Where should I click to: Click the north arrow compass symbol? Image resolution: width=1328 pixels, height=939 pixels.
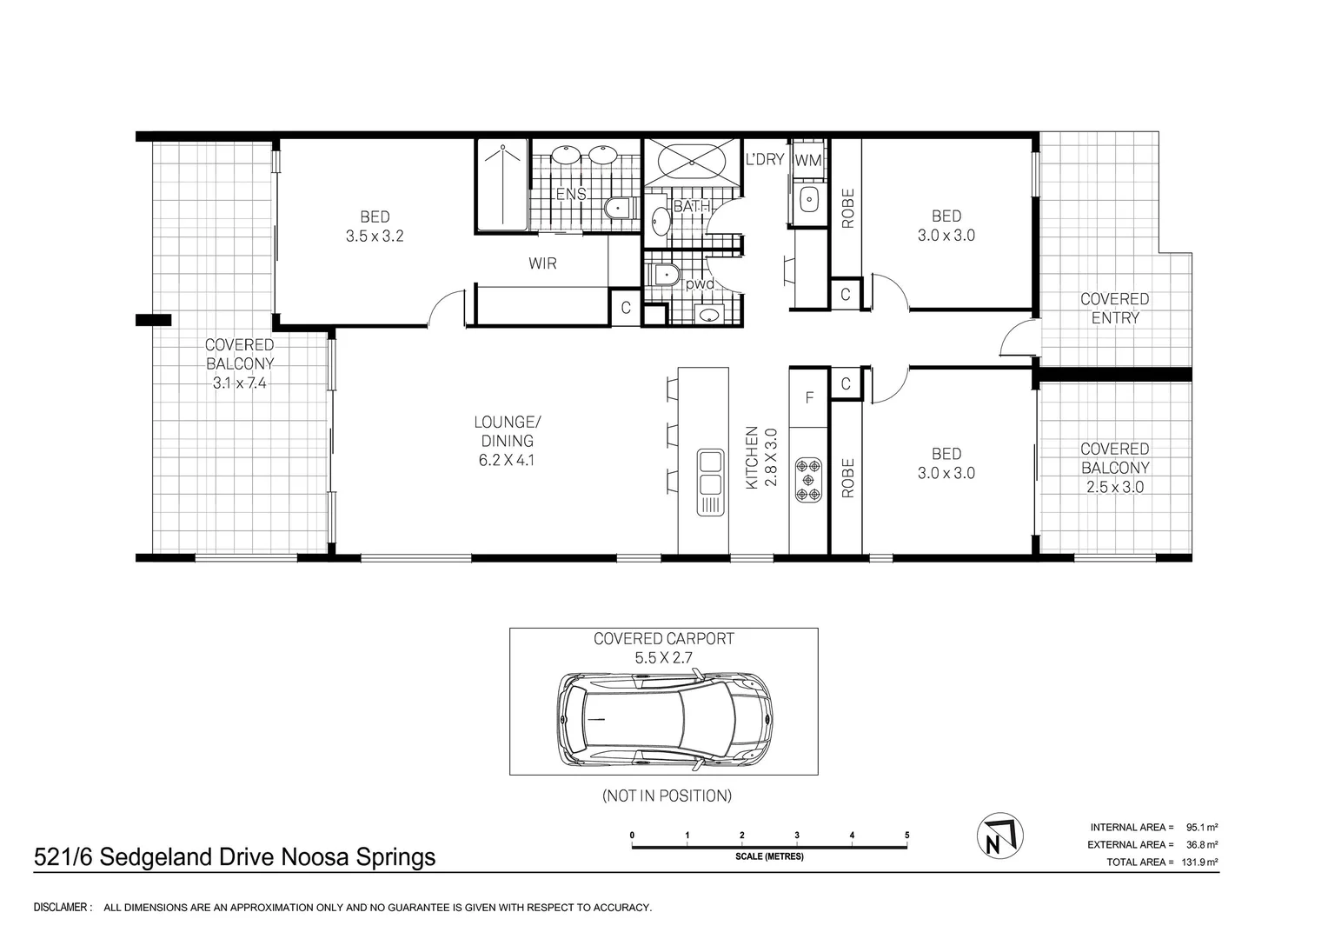tap(999, 836)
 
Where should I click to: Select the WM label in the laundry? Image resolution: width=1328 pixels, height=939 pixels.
tap(808, 160)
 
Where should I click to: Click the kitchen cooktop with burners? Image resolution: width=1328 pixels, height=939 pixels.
tap(808, 480)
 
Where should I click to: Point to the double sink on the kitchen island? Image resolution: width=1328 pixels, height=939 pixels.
tap(710, 482)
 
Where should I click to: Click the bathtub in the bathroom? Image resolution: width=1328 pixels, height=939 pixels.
tap(691, 162)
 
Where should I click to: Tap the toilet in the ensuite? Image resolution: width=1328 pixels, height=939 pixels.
tap(620, 208)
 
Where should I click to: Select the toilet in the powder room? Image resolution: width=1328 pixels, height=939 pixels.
tap(665, 275)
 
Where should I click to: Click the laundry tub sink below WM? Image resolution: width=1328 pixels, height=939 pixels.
tap(808, 199)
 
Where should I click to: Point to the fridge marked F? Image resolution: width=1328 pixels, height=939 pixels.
tap(808, 397)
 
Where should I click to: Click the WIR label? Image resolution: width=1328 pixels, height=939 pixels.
tap(542, 263)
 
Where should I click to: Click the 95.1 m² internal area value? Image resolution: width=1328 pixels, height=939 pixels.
tap(1202, 828)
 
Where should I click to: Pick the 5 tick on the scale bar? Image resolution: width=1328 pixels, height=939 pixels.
tap(907, 836)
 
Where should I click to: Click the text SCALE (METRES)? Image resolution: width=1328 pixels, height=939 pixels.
tap(769, 856)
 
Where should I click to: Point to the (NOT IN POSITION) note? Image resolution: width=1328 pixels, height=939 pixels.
tap(667, 796)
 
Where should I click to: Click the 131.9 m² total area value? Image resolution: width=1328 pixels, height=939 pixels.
tap(1200, 862)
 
